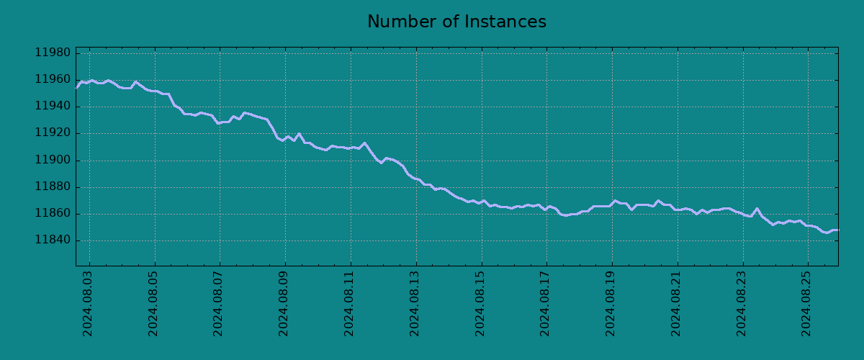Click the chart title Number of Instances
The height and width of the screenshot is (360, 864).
pyautogui.click(x=456, y=22)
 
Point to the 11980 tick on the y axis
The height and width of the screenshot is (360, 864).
pyautogui.click(x=53, y=53)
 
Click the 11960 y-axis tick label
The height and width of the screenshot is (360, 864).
pyautogui.click(x=53, y=80)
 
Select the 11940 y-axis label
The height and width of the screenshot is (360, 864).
pyautogui.click(x=53, y=107)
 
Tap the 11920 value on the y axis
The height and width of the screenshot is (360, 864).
pyautogui.click(x=53, y=133)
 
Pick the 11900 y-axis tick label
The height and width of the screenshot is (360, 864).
pyautogui.click(x=53, y=160)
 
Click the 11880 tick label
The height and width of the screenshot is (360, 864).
pyautogui.click(x=53, y=187)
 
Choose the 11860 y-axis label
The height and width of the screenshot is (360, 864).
pyautogui.click(x=53, y=214)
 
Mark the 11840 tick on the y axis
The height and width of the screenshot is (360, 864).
pyautogui.click(x=53, y=240)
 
